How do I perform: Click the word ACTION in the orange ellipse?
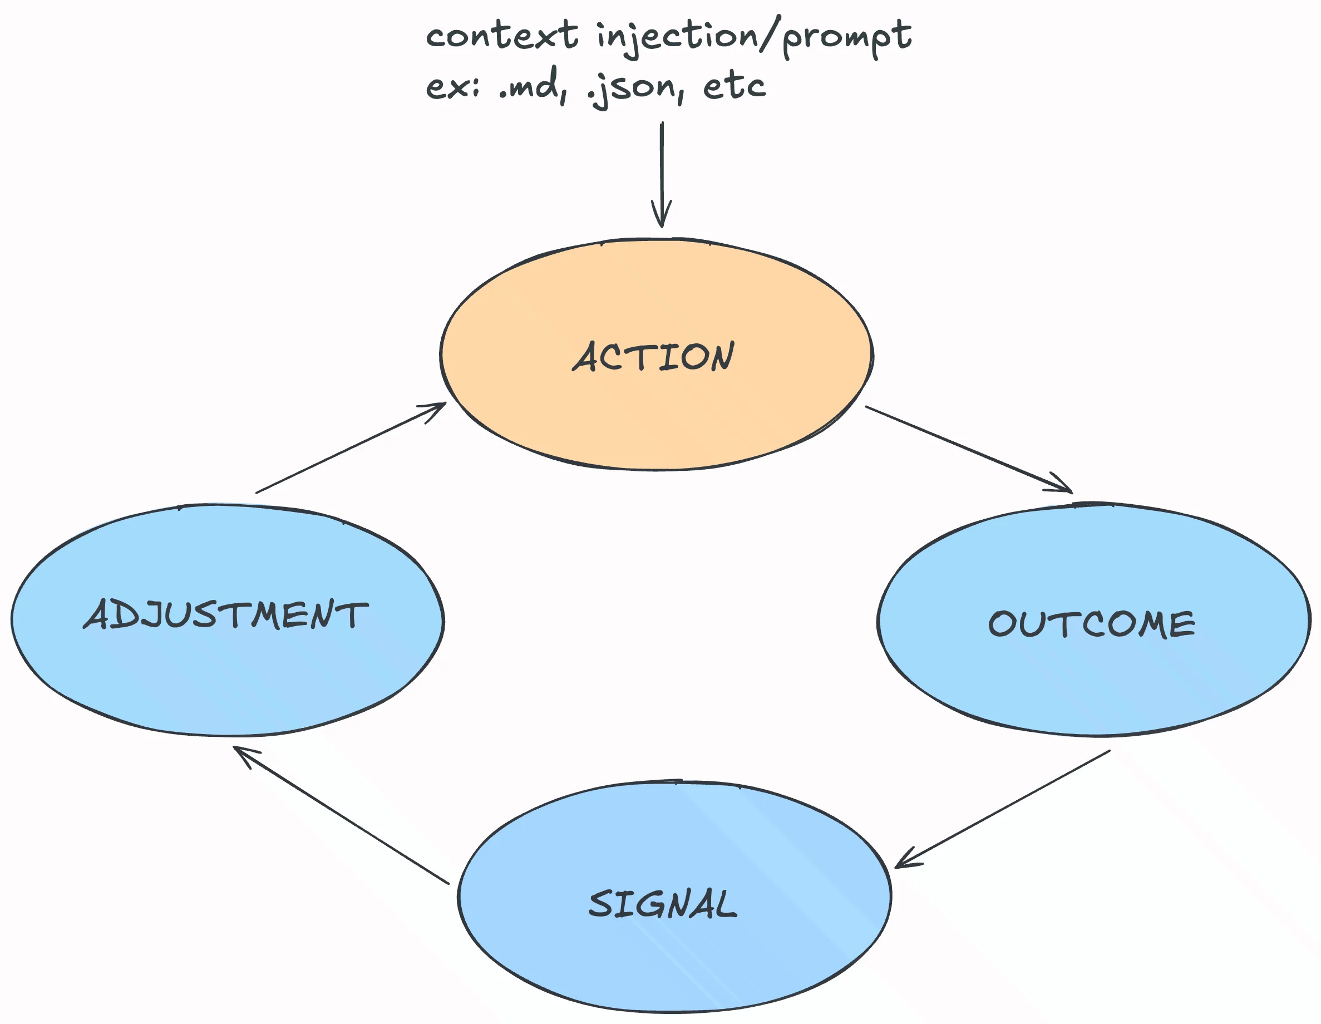click(653, 356)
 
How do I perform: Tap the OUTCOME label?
click(1092, 624)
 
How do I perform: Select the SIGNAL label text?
click(663, 904)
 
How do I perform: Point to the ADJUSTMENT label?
click(225, 614)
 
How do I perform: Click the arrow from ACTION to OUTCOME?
click(968, 449)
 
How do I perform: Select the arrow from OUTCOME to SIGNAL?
click(1004, 808)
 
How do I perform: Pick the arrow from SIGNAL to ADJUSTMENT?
click(342, 815)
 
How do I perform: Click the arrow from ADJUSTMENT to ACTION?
click(351, 447)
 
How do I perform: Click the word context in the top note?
click(501, 35)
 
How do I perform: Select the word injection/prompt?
click(753, 36)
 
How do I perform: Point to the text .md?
click(533, 86)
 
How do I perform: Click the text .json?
click(635, 88)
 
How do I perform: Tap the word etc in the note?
click(735, 86)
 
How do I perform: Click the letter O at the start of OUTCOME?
click(1002, 624)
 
